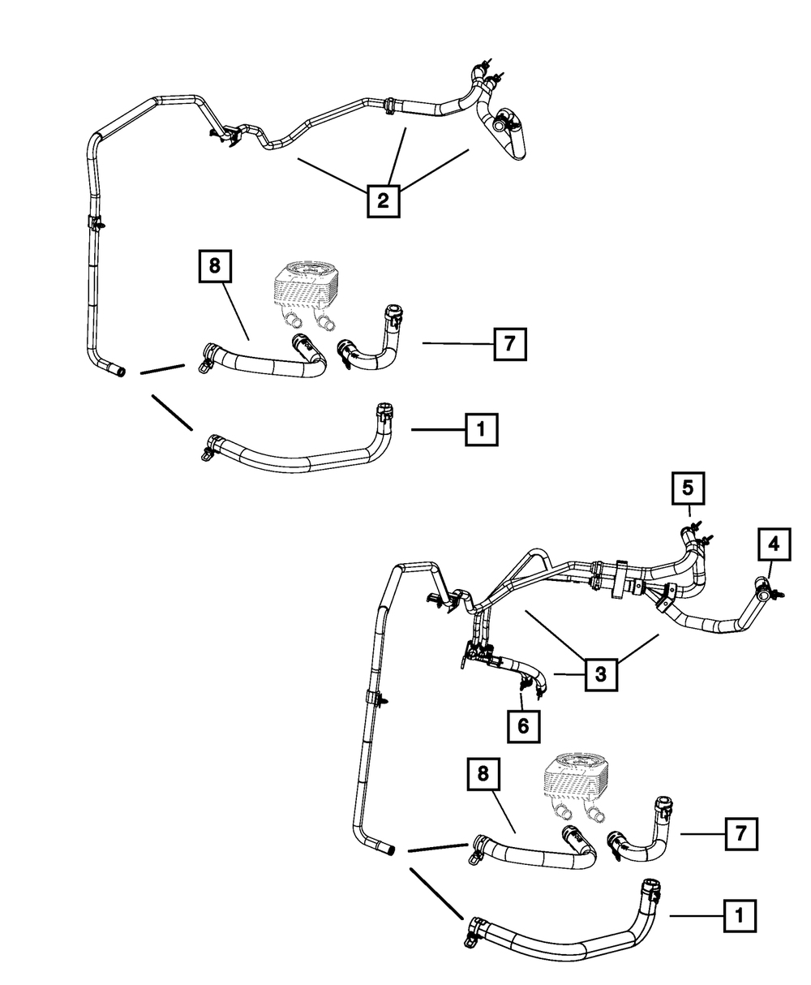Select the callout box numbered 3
601,673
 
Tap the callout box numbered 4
774,545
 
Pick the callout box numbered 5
687,488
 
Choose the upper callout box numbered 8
215,265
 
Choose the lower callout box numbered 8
483,775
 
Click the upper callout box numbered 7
508,344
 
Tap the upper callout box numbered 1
481,429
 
